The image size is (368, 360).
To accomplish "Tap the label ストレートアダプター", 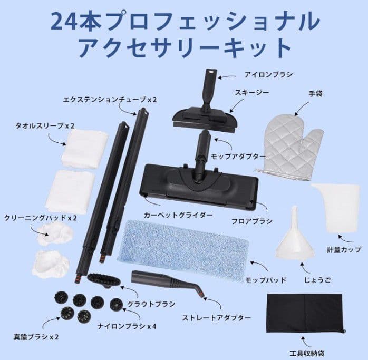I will point(217,318).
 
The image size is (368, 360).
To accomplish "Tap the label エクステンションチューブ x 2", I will point(102,99).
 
